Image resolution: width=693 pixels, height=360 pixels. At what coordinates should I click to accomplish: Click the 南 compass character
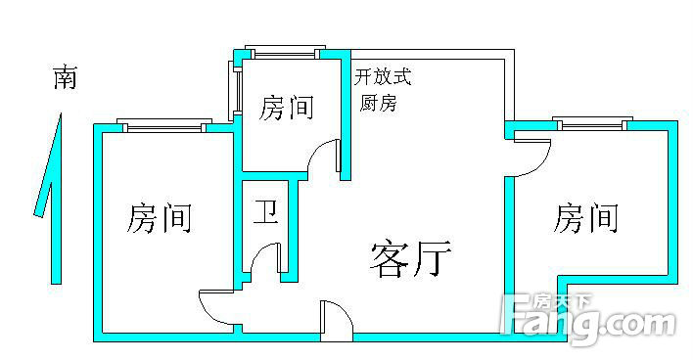pyautogui.click(x=66, y=77)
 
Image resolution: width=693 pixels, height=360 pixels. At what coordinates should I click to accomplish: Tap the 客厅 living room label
pyautogui.click(x=410, y=259)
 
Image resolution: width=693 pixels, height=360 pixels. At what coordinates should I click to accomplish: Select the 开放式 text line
pyautogui.click(x=383, y=76)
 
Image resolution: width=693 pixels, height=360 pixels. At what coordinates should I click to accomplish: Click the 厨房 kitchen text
pyautogui.click(x=378, y=104)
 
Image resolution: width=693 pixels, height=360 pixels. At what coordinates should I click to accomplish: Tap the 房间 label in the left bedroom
pyautogui.click(x=160, y=218)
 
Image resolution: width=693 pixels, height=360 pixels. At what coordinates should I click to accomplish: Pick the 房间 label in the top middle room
pyautogui.click(x=287, y=108)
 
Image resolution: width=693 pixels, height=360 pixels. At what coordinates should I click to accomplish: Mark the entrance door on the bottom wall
pyautogui.click(x=337, y=321)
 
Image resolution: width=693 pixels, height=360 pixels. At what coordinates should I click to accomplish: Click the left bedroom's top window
pyautogui.click(x=164, y=125)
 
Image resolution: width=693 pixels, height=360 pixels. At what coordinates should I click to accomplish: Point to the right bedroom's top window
pyautogui.click(x=593, y=123)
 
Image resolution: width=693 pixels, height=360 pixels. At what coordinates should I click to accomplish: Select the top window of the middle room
pyautogui.click(x=286, y=52)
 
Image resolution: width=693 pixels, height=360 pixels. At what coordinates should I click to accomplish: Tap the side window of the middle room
pyautogui.click(x=235, y=90)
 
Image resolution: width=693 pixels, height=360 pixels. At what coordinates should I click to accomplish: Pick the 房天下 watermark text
pyautogui.click(x=561, y=303)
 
